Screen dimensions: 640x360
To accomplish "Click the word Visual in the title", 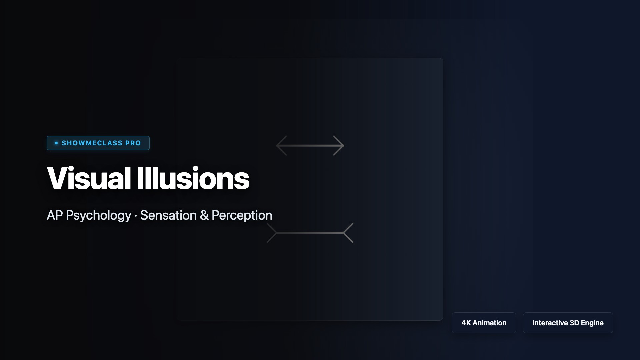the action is coord(89,178).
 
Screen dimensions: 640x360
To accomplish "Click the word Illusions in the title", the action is coord(193,178).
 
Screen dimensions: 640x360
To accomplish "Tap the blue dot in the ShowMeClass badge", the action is coord(56,143).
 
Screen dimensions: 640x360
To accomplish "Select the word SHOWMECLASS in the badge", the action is coord(92,143).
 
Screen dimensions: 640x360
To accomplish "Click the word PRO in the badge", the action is coord(133,143).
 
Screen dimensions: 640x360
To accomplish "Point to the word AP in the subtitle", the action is coord(55,215).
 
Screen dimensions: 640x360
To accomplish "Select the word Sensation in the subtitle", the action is coord(168,215).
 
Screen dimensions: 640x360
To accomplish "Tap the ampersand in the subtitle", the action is coord(204,215).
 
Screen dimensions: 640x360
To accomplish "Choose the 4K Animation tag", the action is coord(484,323).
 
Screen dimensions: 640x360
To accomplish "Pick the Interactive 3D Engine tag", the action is coord(568,323).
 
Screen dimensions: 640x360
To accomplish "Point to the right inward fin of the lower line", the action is coord(348,233).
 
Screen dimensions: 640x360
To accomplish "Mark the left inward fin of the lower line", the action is coord(272,233).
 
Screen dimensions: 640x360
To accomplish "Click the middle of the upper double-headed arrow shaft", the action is coord(310,145).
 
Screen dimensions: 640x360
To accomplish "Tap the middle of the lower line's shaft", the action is coord(310,233).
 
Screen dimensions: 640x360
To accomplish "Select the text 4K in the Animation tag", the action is coord(466,323).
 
